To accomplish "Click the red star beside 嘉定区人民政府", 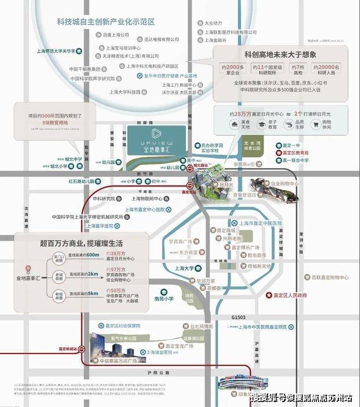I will click(x=268, y=295).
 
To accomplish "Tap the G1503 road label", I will click(x=239, y=317).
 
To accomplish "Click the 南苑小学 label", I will click(x=163, y=298).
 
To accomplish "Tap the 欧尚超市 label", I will click(x=256, y=255).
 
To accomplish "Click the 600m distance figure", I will click(x=93, y=255).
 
